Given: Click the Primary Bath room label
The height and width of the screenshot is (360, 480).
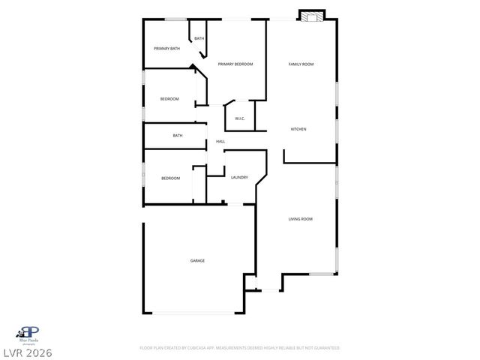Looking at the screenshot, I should click(x=166, y=49).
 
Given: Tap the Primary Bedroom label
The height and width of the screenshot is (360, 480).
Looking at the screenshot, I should click(x=235, y=64).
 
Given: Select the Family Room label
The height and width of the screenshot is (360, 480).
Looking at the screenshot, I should click(x=301, y=64).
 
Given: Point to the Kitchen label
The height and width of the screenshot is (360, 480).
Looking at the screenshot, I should click(x=298, y=129).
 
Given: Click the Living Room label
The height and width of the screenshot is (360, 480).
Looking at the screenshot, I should click(x=301, y=219).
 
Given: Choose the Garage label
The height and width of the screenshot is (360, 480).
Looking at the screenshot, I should click(x=197, y=260).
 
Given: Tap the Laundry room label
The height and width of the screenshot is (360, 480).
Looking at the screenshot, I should click(x=239, y=178).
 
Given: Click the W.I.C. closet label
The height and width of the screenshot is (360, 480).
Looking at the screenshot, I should click(x=240, y=118).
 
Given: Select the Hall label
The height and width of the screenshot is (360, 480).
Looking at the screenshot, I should click(x=220, y=141).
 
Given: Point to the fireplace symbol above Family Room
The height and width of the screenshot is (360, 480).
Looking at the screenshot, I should click(x=312, y=16).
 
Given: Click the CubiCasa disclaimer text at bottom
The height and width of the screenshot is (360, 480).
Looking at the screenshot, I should click(x=240, y=348).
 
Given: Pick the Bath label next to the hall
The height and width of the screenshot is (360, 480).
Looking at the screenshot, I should click(x=178, y=136).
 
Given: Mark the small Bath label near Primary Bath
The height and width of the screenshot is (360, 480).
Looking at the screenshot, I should click(x=199, y=38).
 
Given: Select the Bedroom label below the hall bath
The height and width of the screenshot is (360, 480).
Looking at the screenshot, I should click(x=170, y=178).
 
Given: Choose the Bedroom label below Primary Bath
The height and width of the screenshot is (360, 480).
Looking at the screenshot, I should click(x=169, y=99).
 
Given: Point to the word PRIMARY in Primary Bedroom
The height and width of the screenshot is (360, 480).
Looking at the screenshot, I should click(x=226, y=64).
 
